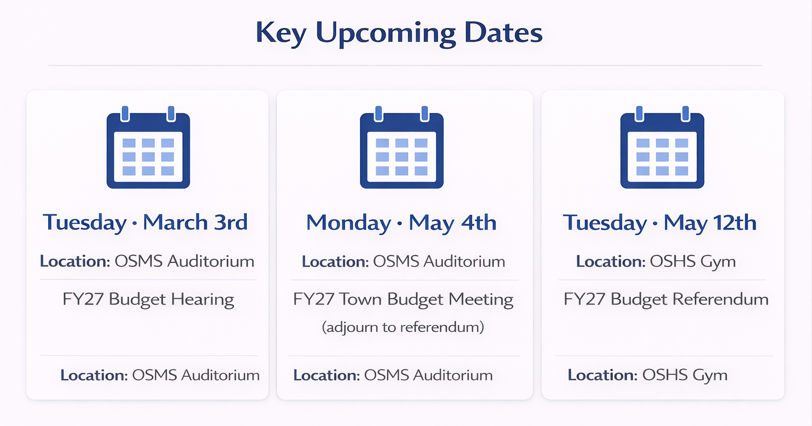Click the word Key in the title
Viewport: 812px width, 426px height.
click(x=280, y=33)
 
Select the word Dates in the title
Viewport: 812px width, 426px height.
click(x=503, y=33)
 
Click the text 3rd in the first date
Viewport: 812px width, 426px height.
click(x=231, y=222)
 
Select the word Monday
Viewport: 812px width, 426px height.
click(x=348, y=223)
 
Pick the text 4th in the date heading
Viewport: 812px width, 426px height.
click(x=478, y=222)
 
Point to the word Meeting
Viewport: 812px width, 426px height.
click(x=481, y=300)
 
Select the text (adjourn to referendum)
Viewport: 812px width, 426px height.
click(x=403, y=327)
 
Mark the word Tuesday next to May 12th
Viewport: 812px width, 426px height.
click(x=605, y=223)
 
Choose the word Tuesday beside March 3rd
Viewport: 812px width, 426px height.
click(x=85, y=223)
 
